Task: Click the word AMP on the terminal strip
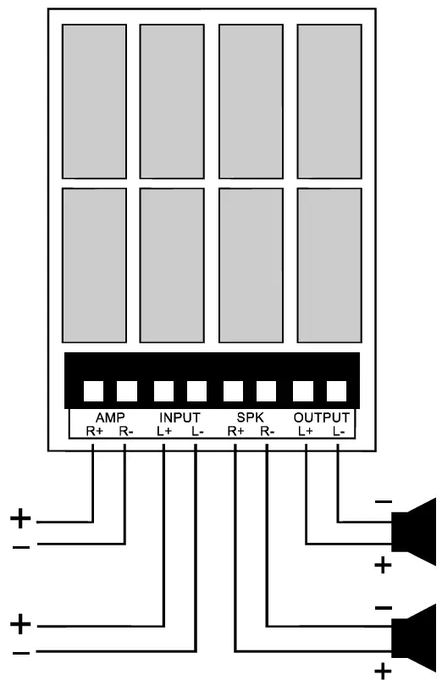pos(110,417)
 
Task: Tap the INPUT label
pos(179,417)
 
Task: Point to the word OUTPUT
pos(321,417)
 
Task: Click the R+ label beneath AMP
pos(93,430)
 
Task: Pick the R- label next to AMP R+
pos(125,430)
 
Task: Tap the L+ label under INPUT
pos(163,430)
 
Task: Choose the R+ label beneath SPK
pos(235,430)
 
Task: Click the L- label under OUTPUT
pos(338,430)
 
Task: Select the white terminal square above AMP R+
pos(92,391)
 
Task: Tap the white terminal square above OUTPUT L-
pos(337,391)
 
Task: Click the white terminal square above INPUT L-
pos(196,391)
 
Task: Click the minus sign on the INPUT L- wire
pos(23,653)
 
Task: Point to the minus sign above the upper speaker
pos(383,503)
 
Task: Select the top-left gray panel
pos(93,98)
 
